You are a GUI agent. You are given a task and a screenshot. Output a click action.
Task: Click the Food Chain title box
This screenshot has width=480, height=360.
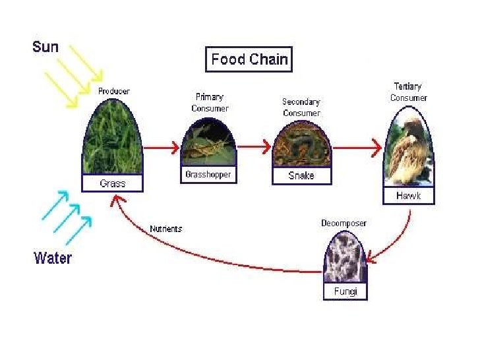point(249,59)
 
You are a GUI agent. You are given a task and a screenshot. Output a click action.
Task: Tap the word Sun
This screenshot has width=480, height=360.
point(45,47)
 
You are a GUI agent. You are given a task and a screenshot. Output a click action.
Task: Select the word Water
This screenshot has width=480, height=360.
point(53,257)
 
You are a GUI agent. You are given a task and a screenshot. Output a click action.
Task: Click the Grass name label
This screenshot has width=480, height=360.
point(112,183)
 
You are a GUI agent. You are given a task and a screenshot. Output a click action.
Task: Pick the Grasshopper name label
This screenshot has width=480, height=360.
point(208,175)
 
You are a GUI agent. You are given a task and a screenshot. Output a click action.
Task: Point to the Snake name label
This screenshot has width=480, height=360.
point(301,176)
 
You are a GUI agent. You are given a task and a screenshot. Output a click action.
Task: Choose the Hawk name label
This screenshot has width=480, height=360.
point(408,196)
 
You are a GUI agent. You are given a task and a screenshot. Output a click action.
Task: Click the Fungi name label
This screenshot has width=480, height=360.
point(345,291)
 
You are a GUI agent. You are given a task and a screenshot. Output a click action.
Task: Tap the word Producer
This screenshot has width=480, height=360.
point(113,91)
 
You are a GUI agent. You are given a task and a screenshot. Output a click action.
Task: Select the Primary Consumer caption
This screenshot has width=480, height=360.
point(209,103)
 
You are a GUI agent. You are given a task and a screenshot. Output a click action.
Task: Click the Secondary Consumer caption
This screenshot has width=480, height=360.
point(301,107)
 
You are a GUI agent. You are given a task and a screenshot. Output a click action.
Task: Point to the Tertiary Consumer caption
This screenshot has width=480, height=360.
point(408,92)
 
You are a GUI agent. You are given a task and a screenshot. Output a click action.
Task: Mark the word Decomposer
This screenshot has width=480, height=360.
point(344,223)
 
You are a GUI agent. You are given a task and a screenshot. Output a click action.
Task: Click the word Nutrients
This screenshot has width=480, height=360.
point(165,229)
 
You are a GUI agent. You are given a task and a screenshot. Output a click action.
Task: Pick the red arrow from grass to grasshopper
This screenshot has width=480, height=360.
point(161,148)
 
